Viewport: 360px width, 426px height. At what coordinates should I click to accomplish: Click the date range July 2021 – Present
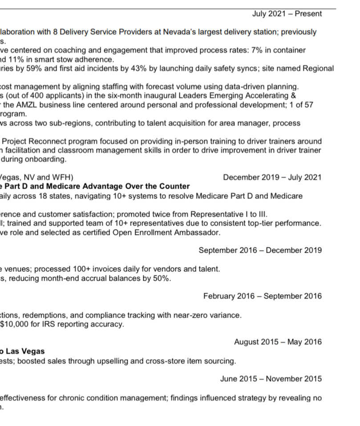coord(287,14)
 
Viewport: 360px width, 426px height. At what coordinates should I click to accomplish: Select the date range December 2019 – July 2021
coord(272,178)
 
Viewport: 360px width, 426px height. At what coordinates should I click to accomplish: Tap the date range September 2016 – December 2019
coord(260,251)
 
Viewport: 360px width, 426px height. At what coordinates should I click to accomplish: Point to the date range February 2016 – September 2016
coord(263,296)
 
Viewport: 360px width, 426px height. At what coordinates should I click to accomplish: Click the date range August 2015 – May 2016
coord(278,342)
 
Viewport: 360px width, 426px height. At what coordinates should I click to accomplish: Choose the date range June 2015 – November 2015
coord(271,379)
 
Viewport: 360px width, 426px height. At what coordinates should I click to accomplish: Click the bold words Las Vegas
coord(26,351)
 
